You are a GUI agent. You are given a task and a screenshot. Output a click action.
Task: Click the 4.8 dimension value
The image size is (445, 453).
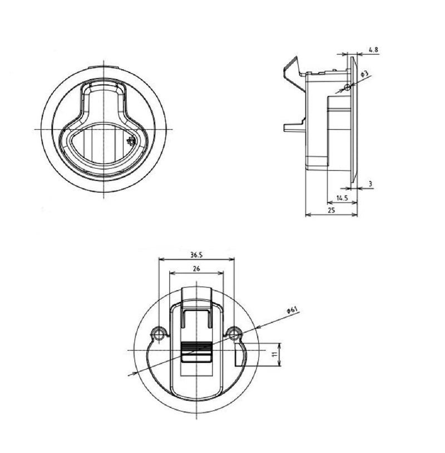373,50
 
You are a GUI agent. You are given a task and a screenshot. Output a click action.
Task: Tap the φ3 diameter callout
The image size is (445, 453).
365,73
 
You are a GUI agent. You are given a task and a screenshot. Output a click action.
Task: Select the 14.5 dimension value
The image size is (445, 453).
342,198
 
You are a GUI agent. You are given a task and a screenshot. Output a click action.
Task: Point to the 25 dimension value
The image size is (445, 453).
332,210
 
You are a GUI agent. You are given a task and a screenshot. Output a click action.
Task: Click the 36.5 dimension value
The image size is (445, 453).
196,255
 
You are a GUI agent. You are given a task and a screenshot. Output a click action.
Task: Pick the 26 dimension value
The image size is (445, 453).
196,269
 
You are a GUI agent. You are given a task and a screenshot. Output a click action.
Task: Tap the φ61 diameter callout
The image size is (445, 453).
292,311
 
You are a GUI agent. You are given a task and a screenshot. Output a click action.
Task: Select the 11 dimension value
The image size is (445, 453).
276,354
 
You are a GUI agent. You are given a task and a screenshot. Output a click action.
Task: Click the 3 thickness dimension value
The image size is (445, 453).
370,184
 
